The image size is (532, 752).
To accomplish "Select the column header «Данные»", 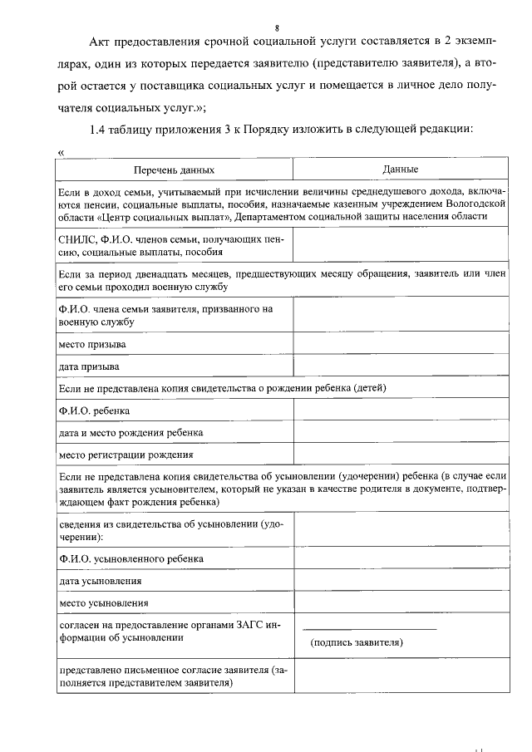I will (x=400, y=170).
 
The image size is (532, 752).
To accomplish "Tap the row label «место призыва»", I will (x=92, y=343).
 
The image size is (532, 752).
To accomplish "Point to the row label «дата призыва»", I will (x=89, y=366).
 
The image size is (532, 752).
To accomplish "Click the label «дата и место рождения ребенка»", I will (x=131, y=433).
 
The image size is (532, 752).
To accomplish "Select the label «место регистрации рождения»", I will (x=126, y=455).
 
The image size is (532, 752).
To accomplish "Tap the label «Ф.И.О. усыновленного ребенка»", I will (x=131, y=558).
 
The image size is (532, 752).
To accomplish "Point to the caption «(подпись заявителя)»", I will (x=357, y=642).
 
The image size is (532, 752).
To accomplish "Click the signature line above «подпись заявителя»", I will (x=369, y=628).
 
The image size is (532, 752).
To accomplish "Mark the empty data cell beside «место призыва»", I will (x=401, y=343).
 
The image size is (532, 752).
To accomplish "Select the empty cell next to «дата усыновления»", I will (x=401, y=580).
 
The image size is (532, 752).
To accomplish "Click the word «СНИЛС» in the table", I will (x=77, y=239).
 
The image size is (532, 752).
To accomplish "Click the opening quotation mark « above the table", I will (x=62, y=152).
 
